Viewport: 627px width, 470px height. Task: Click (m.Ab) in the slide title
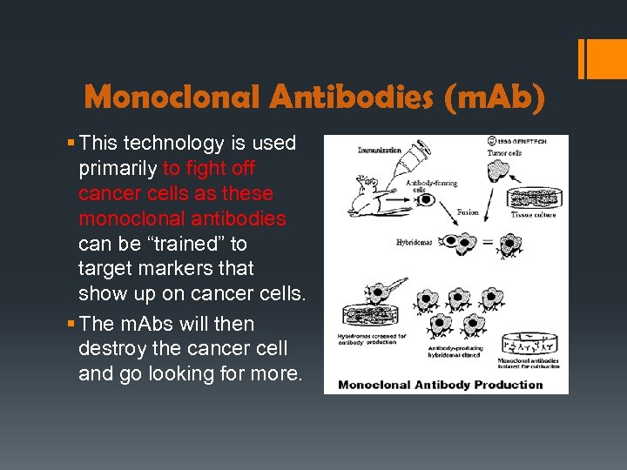coord(493,97)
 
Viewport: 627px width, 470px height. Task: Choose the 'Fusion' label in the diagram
coord(468,212)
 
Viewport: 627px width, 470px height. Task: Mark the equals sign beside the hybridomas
coord(487,244)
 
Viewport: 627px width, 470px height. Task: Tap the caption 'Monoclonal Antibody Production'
coord(440,384)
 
